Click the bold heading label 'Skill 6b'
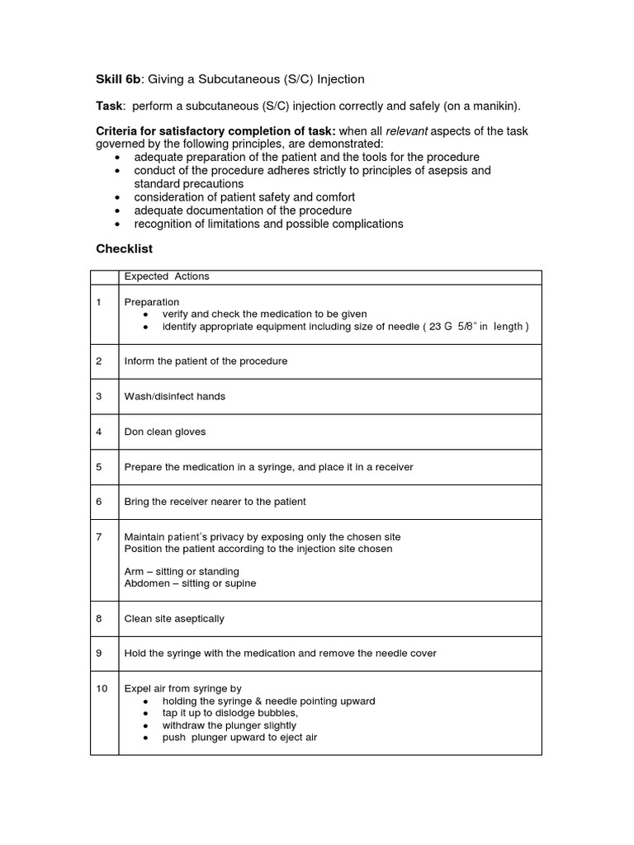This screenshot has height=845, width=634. point(120,79)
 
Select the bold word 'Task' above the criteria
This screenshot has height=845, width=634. point(110,106)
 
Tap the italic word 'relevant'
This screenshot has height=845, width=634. point(408,132)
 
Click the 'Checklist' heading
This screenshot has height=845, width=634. point(124,248)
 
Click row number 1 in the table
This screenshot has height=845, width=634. point(99,302)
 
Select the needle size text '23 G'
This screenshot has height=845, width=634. point(442,326)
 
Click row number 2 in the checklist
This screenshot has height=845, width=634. point(99,361)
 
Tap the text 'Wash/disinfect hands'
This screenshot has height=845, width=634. point(174,396)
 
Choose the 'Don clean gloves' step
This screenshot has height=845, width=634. point(165,432)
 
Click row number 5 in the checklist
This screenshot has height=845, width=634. point(99,467)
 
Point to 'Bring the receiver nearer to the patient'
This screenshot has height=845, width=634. point(215,502)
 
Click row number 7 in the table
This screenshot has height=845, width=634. point(99,537)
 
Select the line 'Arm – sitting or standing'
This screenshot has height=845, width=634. point(182,571)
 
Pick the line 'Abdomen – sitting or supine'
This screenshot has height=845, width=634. point(190,583)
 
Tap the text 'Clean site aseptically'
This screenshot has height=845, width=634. point(174,619)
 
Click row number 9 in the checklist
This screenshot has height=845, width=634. point(99,654)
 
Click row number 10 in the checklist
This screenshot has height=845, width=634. point(102,688)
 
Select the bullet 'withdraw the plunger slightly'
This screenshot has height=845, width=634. point(229,725)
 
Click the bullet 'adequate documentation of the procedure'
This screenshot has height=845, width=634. point(243,210)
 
